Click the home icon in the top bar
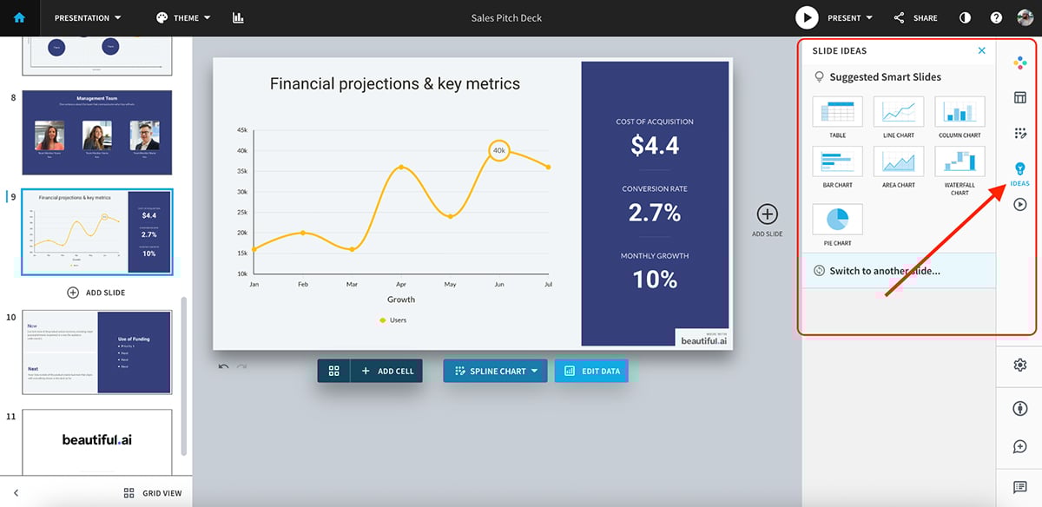[x=19, y=17]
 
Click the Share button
[x=915, y=17]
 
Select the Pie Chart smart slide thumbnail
[x=837, y=219]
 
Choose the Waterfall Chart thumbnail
[x=960, y=162]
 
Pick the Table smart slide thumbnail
[x=837, y=113]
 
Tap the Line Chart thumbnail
[x=899, y=113]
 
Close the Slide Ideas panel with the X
[x=982, y=50]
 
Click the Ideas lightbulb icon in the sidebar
[x=1020, y=168]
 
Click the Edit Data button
[x=592, y=371]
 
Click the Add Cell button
[x=386, y=371]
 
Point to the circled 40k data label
[x=498, y=150]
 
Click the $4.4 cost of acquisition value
[x=655, y=146]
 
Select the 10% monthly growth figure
[x=655, y=279]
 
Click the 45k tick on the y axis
[x=241, y=130]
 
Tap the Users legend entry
[x=392, y=320]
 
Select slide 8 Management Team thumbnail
[x=96, y=132]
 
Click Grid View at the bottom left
[x=153, y=493]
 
